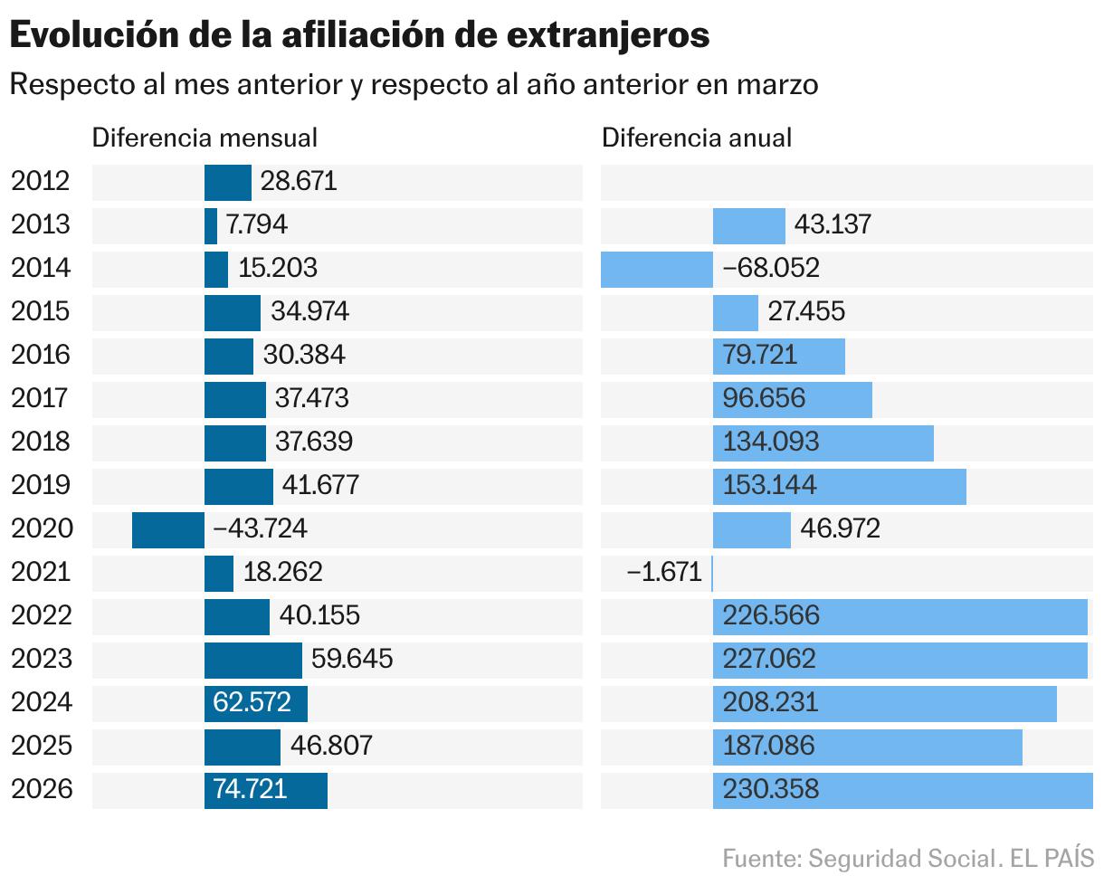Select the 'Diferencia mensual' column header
(x=205, y=138)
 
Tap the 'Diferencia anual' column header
(x=697, y=138)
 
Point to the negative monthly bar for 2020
(x=168, y=529)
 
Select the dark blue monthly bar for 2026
(x=266, y=790)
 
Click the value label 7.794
(x=257, y=225)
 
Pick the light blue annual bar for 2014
(x=657, y=269)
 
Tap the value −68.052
(x=771, y=269)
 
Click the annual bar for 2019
(x=839, y=486)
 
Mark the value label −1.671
(x=665, y=573)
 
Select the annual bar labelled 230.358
(x=902, y=790)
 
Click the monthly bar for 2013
(x=211, y=225)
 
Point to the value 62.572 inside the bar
(x=252, y=703)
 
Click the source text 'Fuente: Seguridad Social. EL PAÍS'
(x=908, y=858)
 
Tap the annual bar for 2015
(x=735, y=312)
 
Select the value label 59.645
(x=352, y=660)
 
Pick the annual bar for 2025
(x=867, y=747)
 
